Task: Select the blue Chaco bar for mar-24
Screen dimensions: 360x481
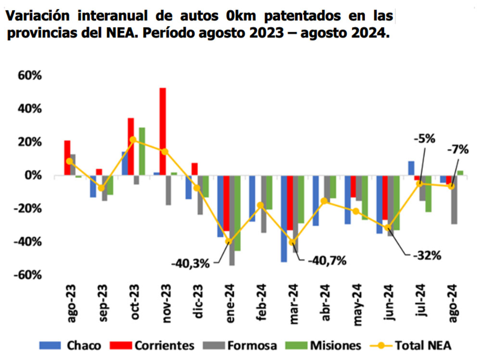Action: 284,219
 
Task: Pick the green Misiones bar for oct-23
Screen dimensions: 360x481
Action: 142,152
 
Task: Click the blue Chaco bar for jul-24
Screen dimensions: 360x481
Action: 411,168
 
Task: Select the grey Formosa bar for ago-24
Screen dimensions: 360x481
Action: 455,200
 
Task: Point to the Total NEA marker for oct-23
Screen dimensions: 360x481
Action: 133,140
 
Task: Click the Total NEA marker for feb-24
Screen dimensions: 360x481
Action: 261,205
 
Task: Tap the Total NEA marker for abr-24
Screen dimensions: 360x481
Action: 324,201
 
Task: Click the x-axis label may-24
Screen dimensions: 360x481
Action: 356,302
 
